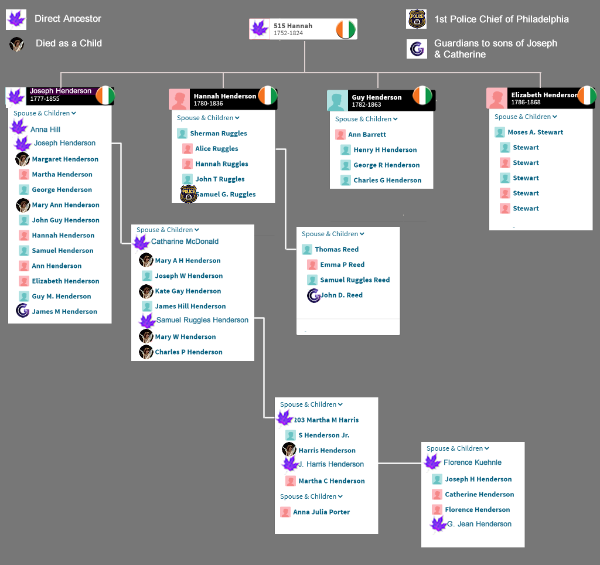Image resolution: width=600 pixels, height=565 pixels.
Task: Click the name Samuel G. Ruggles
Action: click(x=226, y=195)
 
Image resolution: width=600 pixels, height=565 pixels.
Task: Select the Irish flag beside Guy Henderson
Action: click(x=422, y=96)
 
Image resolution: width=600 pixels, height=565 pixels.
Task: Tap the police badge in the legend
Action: click(x=417, y=19)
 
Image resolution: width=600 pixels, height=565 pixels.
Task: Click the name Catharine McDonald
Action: click(x=185, y=241)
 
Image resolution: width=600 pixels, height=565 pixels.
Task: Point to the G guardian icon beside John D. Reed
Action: click(x=313, y=295)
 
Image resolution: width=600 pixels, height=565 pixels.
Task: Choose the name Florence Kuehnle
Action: click(x=472, y=462)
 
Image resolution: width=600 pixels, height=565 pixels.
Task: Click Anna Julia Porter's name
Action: click(x=321, y=512)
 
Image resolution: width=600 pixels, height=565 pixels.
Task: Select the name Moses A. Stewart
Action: click(x=535, y=132)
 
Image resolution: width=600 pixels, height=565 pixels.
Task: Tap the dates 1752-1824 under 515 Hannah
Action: click(x=288, y=33)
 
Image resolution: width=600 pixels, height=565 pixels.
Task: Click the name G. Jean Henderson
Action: click(x=479, y=524)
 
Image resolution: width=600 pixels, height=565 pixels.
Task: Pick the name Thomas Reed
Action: click(x=336, y=250)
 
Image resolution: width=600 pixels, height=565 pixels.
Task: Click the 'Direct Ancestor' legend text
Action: click(x=68, y=19)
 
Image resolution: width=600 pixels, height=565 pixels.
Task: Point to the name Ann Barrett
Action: click(x=367, y=135)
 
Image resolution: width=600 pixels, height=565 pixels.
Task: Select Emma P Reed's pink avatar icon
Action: click(x=312, y=265)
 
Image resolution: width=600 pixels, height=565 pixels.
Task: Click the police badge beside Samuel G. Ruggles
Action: click(x=189, y=194)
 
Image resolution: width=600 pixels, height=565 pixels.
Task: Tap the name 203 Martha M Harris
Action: click(x=326, y=420)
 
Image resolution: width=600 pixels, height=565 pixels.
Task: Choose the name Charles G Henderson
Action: click(x=387, y=181)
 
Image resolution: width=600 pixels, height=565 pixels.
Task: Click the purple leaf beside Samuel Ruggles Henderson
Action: click(x=147, y=321)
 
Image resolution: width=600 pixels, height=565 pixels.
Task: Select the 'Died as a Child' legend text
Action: click(x=69, y=43)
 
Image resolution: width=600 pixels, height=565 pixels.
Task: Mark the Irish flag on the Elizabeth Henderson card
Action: click(x=587, y=95)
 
